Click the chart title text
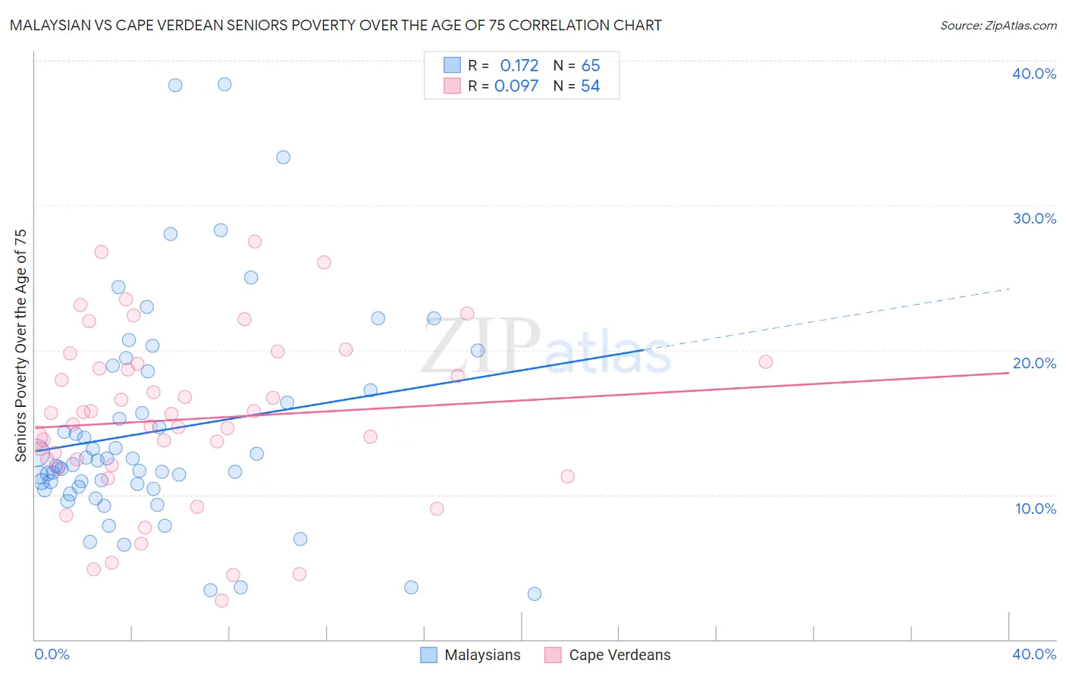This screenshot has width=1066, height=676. point(335,25)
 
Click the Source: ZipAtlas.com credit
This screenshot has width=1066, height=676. point(998,25)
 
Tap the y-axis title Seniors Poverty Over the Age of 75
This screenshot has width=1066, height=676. point(20,345)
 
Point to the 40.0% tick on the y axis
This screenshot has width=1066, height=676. point(1033,74)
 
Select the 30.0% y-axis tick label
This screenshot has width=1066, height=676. point(1033,218)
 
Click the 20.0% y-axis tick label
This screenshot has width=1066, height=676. point(1033,363)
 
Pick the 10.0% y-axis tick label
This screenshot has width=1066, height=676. point(1035,509)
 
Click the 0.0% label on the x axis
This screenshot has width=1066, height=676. point(52,654)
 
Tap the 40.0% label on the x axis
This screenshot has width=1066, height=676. point(1033,654)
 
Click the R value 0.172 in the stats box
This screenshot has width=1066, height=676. point(519,65)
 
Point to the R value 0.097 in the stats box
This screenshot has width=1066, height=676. point(516,86)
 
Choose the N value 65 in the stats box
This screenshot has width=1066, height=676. point(590,65)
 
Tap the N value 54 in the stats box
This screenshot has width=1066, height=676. point(590,86)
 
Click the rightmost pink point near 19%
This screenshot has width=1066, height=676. point(765,361)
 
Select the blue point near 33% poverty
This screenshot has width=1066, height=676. point(283,157)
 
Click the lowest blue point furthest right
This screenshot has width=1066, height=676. point(534,593)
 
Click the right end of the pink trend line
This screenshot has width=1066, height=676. point(1008,374)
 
